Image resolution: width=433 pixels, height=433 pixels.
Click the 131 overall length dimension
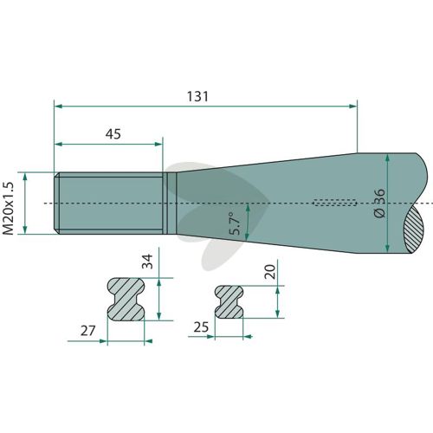tap(197, 96)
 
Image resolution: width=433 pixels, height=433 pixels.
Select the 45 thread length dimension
tap(113, 134)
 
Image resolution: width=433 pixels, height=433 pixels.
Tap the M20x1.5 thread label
tap(8, 208)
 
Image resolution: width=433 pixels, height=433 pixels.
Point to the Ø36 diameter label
tap(379, 203)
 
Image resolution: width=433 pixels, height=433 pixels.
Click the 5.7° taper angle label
tap(235, 223)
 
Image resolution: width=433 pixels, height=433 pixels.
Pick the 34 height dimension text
tap(147, 262)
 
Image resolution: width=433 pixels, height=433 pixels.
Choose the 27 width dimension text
tap(87, 331)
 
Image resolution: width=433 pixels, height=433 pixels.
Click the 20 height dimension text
tap(270, 272)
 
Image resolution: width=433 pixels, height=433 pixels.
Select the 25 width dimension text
tap(201, 327)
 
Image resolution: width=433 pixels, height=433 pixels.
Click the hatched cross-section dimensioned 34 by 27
tap(126, 299)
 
